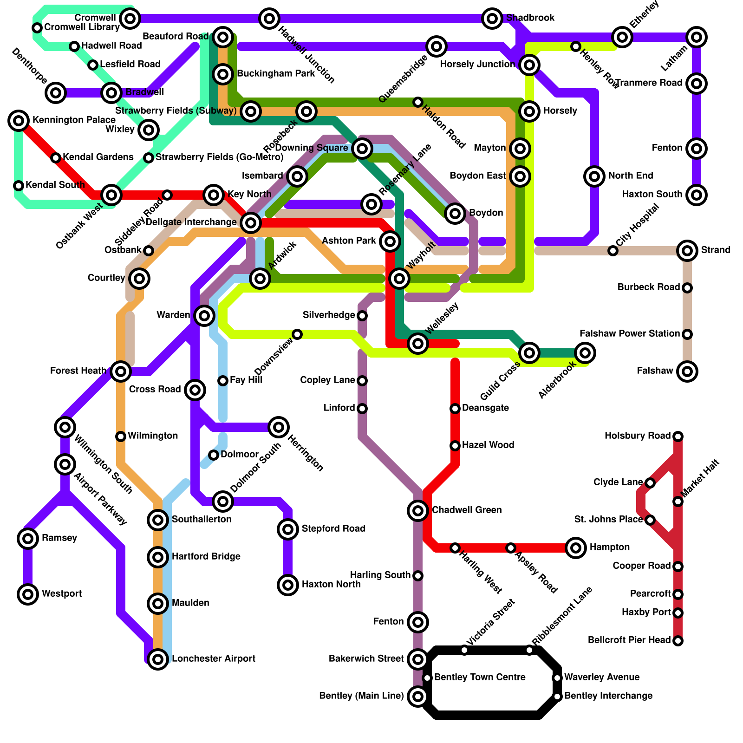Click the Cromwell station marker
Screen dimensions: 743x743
130,19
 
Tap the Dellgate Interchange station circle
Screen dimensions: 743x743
251,223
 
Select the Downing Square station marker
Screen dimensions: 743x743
362,149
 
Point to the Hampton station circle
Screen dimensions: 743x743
576,548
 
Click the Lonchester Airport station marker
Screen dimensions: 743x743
158,659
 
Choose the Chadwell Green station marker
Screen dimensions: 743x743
418,511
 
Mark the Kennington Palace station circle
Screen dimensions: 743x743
19,121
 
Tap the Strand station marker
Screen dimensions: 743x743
687,251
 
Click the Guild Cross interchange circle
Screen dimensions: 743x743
529,353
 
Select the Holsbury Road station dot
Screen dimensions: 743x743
678,437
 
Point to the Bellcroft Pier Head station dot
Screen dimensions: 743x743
678,641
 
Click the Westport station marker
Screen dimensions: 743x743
28,594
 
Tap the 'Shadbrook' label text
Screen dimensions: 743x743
530,18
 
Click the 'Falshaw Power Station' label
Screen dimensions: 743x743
629,334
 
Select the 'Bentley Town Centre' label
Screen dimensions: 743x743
480,678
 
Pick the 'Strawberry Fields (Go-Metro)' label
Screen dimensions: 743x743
219,157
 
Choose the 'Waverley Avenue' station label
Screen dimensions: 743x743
602,678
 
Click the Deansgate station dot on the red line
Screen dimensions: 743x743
455,409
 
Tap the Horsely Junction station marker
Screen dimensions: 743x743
529,65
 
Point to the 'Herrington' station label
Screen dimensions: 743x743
305,453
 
